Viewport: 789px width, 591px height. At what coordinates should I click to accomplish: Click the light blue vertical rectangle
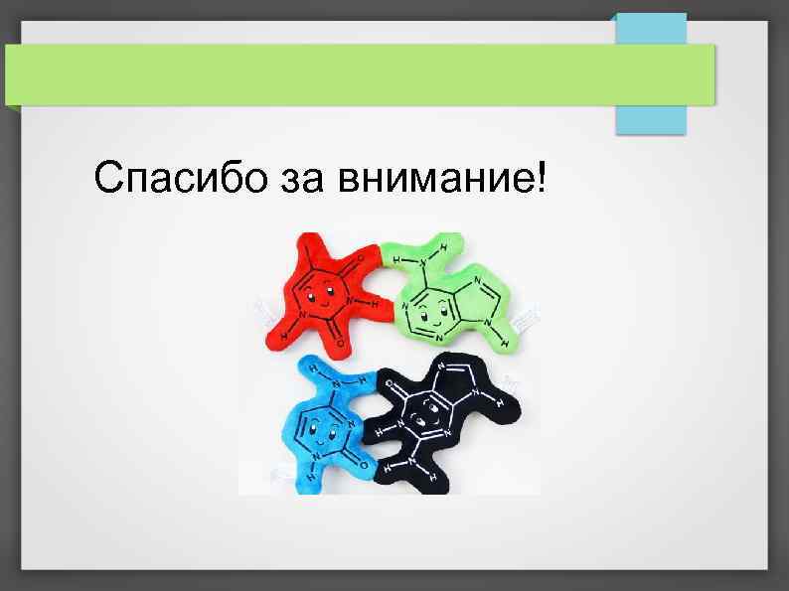(651, 74)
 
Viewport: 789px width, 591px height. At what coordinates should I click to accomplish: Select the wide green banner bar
(358, 74)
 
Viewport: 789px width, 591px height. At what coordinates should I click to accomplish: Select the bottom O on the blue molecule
(364, 466)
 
